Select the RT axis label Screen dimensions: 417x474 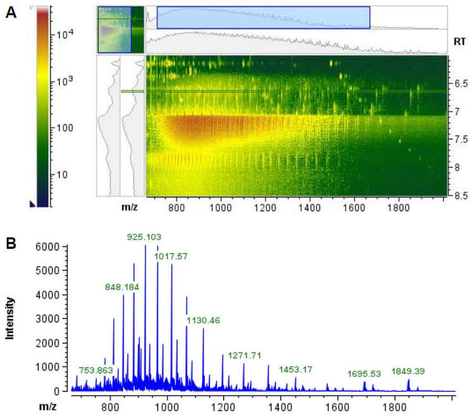pos(459,42)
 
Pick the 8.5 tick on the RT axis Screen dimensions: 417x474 pos(460,196)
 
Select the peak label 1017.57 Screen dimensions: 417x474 pos(171,257)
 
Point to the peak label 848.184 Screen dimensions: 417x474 pos(122,287)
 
